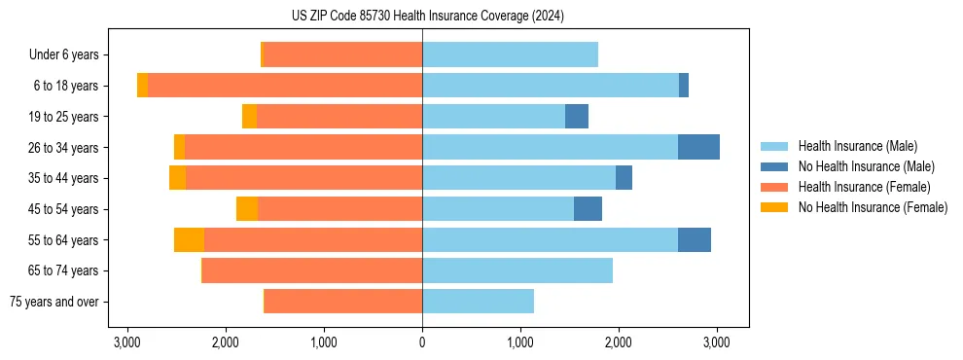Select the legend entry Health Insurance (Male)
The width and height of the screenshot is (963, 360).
pyautogui.click(x=857, y=146)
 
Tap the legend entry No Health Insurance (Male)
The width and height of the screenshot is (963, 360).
pyautogui.click(x=866, y=166)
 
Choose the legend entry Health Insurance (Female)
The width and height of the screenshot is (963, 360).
pyautogui.click(x=864, y=187)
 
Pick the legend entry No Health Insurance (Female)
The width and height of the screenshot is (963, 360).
pyautogui.click(x=872, y=207)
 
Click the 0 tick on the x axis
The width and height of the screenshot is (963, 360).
pyautogui.click(x=422, y=342)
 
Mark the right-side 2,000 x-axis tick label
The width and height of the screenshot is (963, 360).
pyautogui.click(x=619, y=342)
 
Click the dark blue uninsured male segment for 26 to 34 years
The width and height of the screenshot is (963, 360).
pyautogui.click(x=698, y=147)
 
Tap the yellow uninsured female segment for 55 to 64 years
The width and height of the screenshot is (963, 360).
pyautogui.click(x=190, y=239)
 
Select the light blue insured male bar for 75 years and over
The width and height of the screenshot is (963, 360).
pyautogui.click(x=478, y=302)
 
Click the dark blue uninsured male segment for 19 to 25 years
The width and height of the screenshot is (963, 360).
pyautogui.click(x=577, y=117)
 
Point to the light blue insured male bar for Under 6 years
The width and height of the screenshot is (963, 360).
pyautogui.click(x=510, y=55)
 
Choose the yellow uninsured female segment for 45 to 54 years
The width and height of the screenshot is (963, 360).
pyautogui.click(x=247, y=209)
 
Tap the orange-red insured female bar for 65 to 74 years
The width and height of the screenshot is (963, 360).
pyautogui.click(x=312, y=270)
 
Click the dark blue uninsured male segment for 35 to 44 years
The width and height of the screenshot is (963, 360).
pyautogui.click(x=624, y=178)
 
